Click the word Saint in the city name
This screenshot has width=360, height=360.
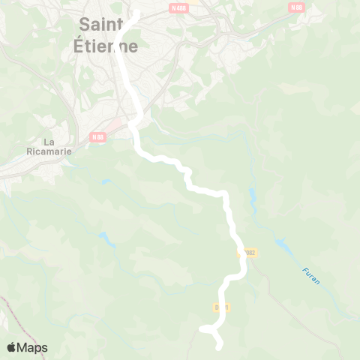100,25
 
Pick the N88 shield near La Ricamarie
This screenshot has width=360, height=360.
97,137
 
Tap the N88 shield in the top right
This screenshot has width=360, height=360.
297,7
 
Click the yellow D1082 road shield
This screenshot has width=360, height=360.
248,253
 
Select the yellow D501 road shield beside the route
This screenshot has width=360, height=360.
220,307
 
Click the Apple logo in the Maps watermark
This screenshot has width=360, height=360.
11,347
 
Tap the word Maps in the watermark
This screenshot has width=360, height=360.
32,347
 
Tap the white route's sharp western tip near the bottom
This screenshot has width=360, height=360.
202,328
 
